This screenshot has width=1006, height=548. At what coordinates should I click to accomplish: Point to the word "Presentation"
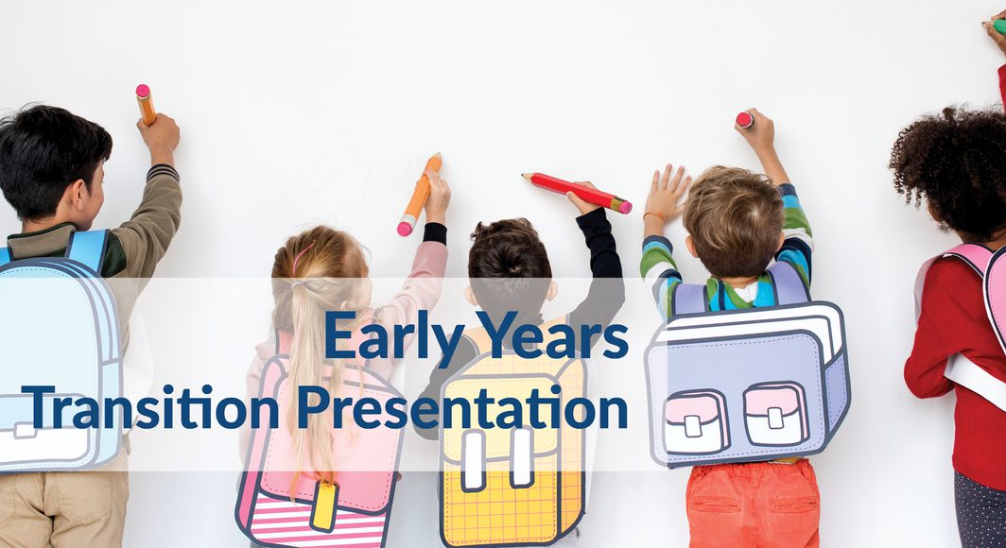pos(462,407)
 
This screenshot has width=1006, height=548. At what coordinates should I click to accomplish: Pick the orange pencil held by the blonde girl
pos(419,195)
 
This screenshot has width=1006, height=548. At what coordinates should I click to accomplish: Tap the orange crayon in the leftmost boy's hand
pos(146,104)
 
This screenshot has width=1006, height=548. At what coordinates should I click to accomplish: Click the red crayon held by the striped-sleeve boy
pos(745,119)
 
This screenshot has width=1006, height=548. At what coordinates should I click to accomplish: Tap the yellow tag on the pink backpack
pos(324,505)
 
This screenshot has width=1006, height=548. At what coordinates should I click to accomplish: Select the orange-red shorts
pos(752,505)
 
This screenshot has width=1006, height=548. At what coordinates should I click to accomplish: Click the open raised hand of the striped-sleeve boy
pos(667,194)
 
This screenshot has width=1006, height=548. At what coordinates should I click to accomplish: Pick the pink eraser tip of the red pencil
pos(624,206)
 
